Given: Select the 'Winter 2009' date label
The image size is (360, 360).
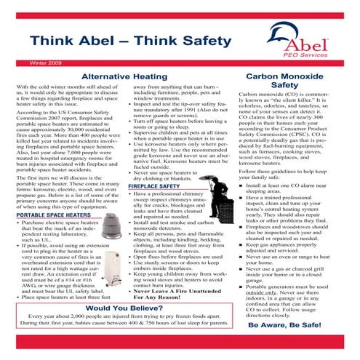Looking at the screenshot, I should click(x=26, y=62).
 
